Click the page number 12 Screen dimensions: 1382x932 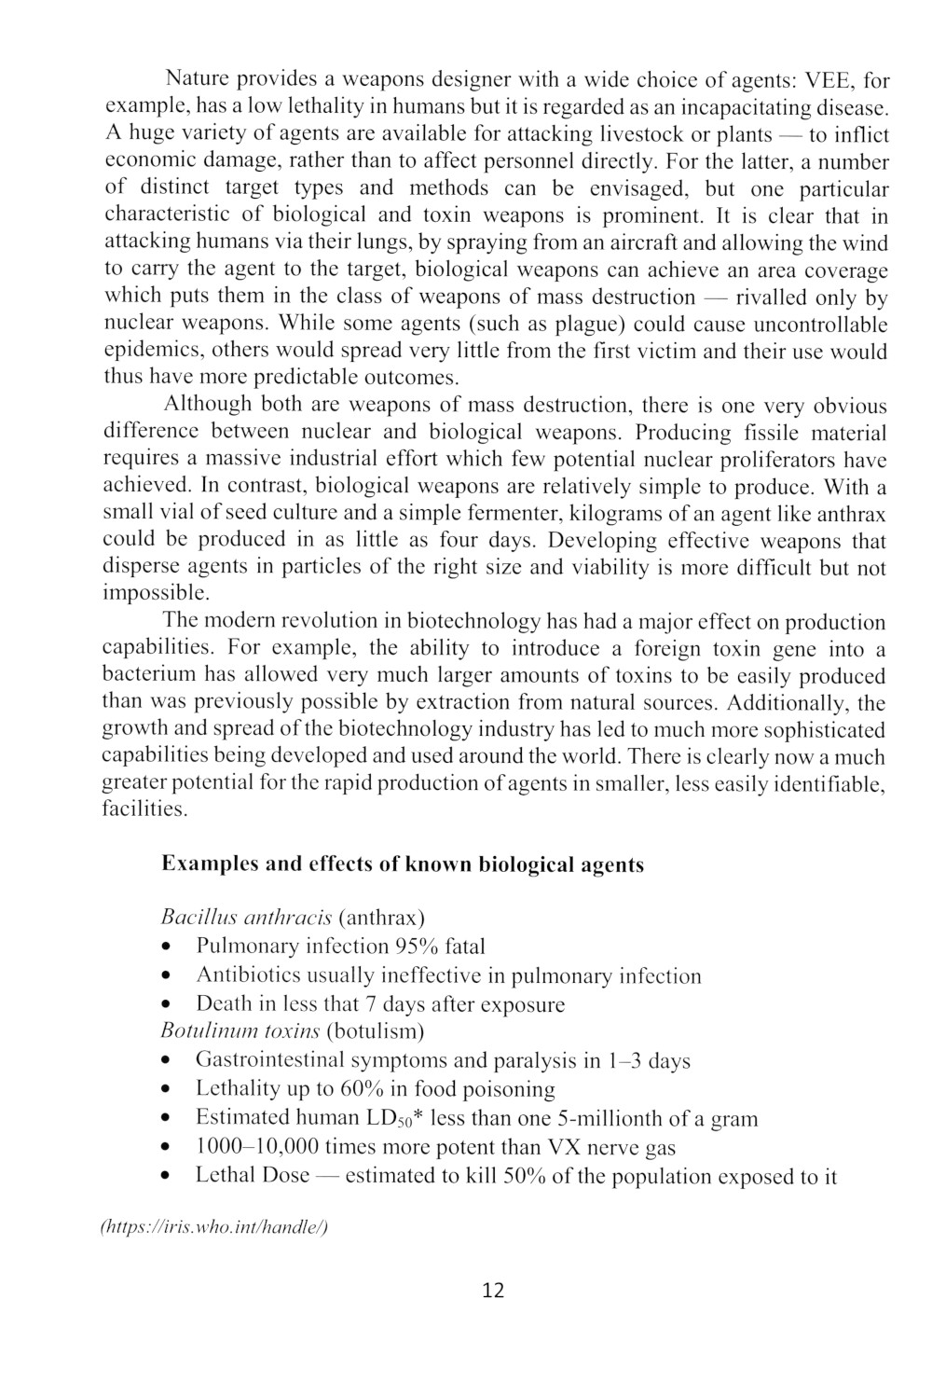pos(493,1291)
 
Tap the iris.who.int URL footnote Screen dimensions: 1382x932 pos(213,1227)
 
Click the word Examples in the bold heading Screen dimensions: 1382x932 pos(210,864)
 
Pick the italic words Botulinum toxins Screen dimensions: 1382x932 pos(240,1031)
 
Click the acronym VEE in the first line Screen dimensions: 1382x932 pos(831,77)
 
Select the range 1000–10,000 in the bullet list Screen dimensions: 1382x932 pos(257,1147)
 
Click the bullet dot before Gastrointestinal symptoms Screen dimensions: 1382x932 pos(166,1061)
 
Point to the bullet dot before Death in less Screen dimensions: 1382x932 pos(166,1005)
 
